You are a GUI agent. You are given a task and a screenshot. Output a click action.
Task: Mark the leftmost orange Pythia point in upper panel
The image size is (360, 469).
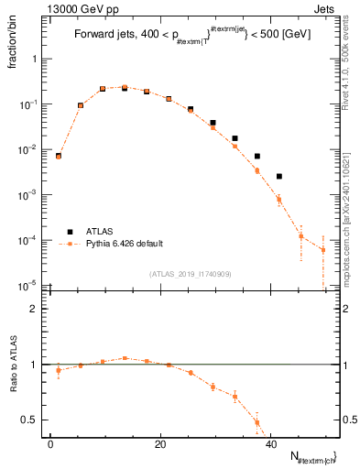point(59,157)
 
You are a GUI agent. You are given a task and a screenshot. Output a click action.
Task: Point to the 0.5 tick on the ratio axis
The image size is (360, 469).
point(38,420)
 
